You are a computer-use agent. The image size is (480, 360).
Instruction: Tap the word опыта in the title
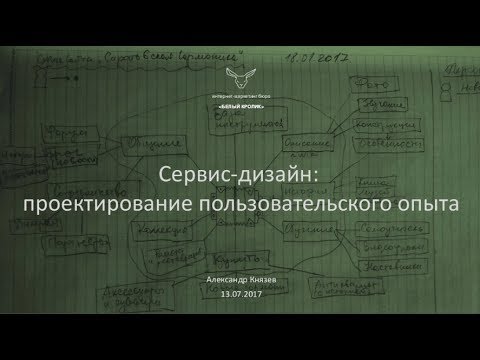424,204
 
